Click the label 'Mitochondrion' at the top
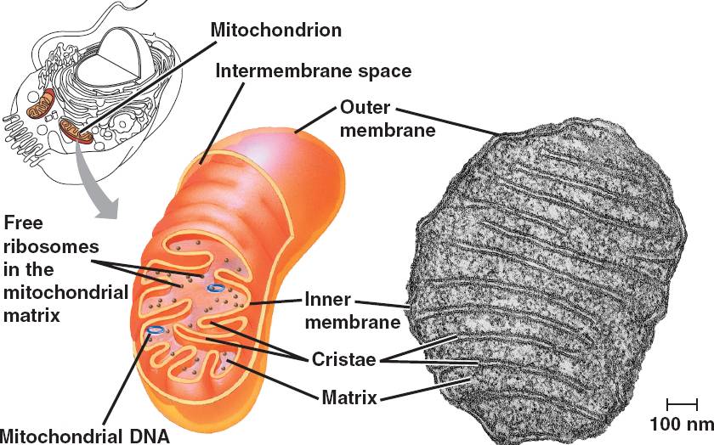point(275,31)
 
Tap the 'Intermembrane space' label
point(313,70)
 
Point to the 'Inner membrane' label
point(352,311)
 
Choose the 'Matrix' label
point(348,397)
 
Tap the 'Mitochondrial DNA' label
point(85,436)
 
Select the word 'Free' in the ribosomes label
point(24,223)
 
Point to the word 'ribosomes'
point(52,246)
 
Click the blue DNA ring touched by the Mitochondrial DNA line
point(156,330)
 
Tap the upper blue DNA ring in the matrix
point(218,288)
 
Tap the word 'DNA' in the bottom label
point(150,436)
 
